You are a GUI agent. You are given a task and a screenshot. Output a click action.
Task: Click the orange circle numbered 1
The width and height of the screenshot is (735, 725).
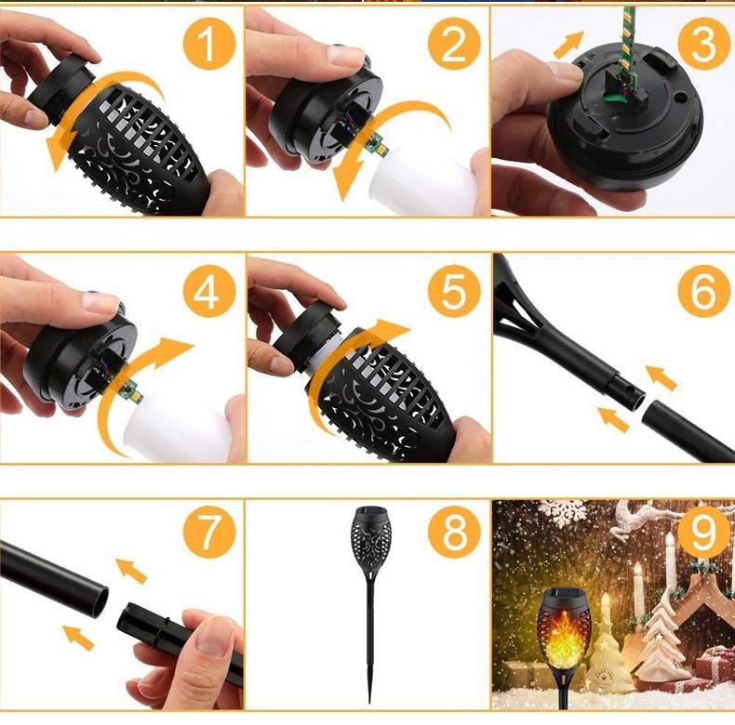pos(209,44)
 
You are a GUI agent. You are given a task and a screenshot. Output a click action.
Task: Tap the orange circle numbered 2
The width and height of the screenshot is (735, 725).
pos(454,44)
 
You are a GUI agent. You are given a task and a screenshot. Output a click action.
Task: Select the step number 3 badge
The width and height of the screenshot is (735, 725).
pos(704,44)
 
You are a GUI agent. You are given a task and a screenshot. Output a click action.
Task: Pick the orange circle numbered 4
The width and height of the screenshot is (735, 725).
pos(209,292)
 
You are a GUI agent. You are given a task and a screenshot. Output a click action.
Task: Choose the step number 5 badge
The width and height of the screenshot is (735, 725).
pos(454,292)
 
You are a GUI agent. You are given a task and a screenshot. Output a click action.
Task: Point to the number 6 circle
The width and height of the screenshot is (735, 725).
pos(704,292)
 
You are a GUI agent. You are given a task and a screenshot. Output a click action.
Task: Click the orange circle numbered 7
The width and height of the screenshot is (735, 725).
pos(209,532)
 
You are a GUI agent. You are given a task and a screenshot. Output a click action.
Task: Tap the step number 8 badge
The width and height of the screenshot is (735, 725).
pos(454,532)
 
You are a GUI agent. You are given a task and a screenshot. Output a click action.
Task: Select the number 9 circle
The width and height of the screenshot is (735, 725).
pos(704,532)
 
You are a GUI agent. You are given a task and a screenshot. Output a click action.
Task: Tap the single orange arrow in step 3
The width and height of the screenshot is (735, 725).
pos(568,45)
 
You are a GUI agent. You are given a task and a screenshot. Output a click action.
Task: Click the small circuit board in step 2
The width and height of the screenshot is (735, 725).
pos(378,145)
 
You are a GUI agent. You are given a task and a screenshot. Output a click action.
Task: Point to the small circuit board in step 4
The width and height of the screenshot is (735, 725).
pos(131,391)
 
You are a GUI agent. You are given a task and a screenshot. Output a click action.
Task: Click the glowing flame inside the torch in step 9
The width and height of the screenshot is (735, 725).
pos(564,634)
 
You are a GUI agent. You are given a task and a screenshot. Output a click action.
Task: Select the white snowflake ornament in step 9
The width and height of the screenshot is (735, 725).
pos(562,511)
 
